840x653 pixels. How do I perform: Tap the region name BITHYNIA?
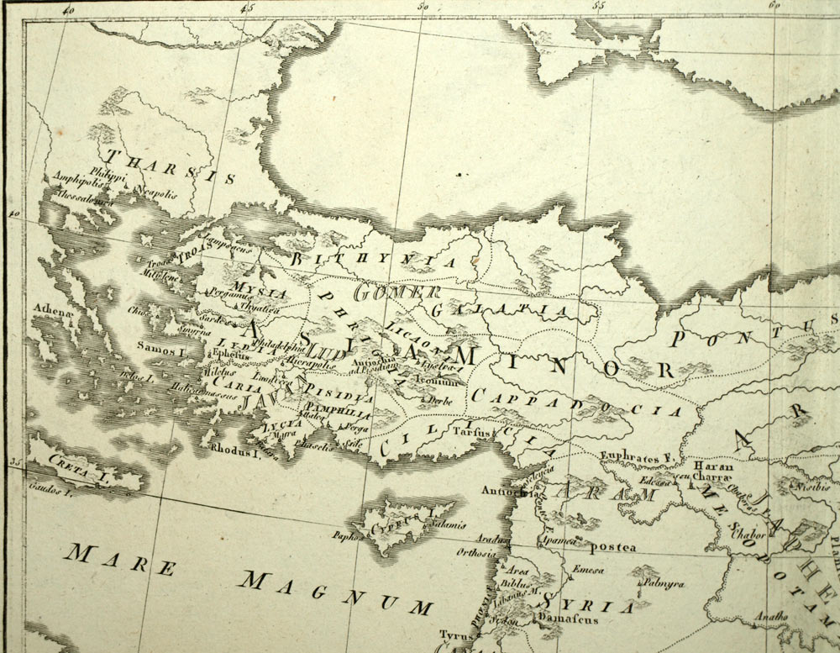[374, 261]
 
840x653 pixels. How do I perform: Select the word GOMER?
[397, 293]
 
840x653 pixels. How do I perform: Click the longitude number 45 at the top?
[246, 8]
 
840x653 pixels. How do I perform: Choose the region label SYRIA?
[587, 604]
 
